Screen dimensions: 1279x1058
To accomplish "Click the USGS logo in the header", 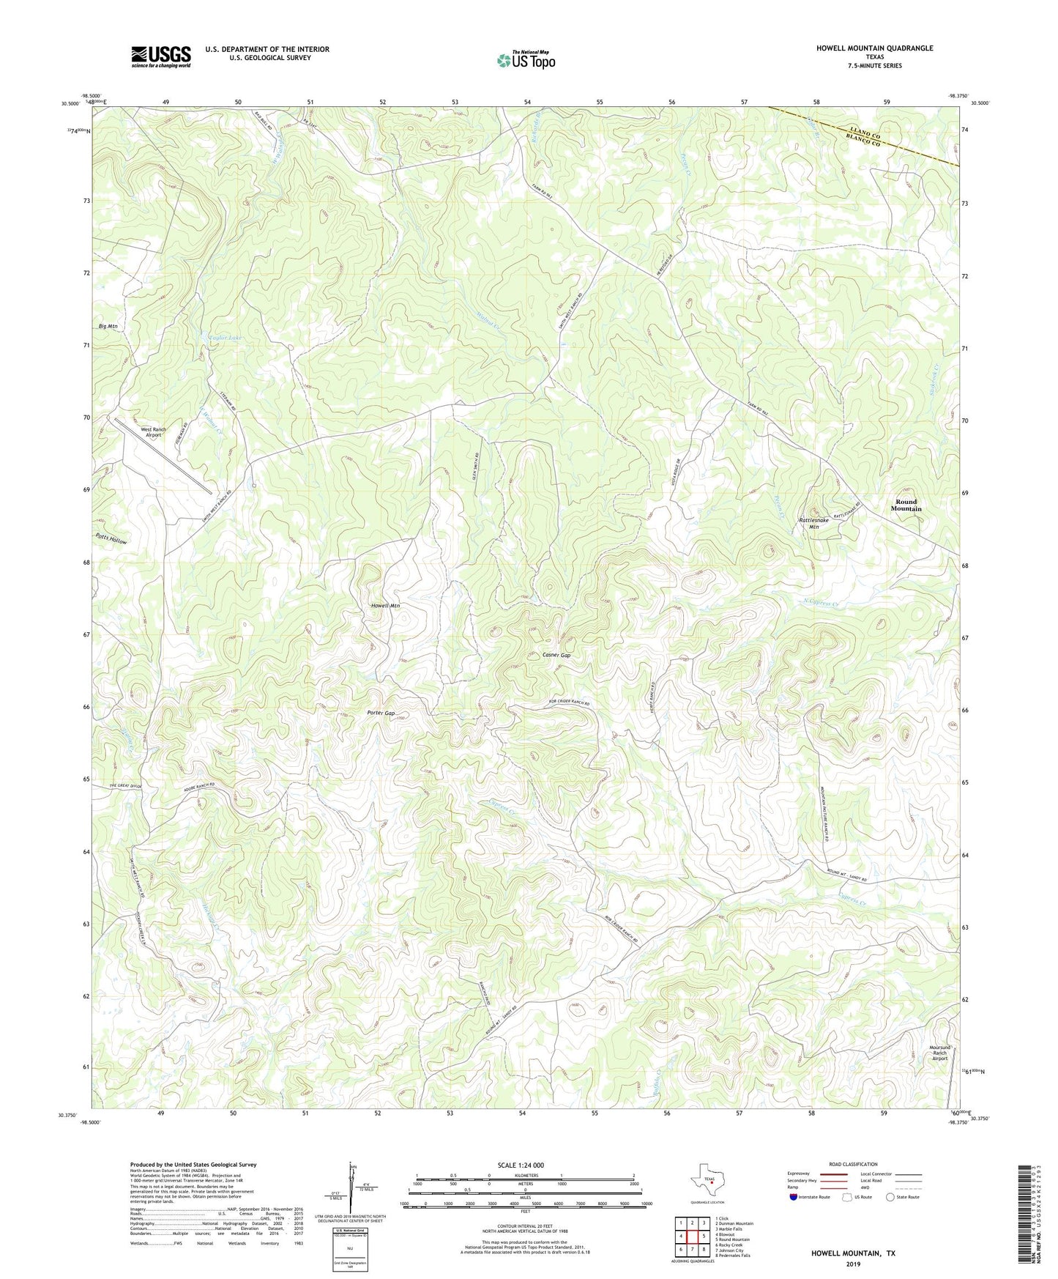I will tap(161, 56).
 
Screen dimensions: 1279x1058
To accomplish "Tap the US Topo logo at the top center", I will tap(526, 60).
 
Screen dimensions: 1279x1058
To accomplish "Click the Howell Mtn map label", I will tap(385, 606).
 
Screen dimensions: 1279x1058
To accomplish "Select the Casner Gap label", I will tap(556, 655).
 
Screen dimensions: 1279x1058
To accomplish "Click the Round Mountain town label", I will tap(906, 505).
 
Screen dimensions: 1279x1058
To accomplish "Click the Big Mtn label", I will tap(108, 326).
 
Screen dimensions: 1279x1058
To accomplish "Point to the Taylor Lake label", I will tap(223, 337).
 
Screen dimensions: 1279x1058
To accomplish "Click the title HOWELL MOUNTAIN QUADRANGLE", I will tap(874, 48).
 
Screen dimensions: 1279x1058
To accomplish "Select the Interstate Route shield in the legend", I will tap(794, 1197).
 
